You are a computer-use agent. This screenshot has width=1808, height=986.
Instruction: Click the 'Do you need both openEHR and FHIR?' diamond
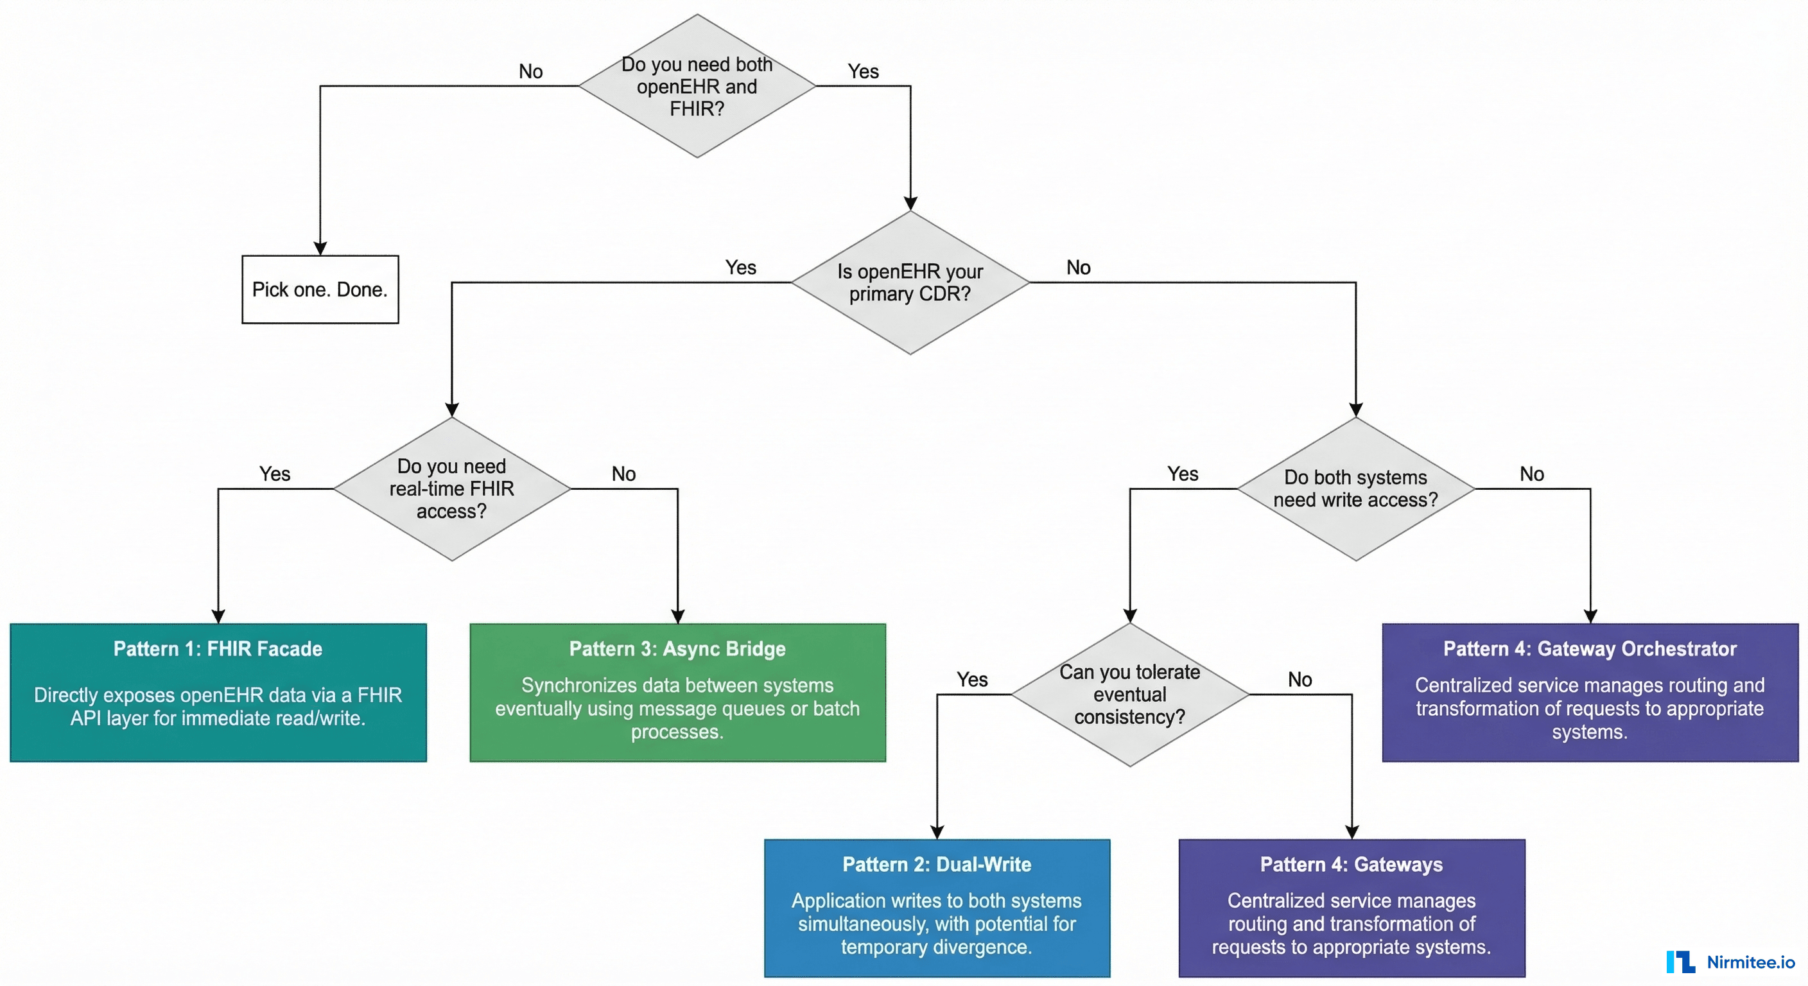pos(697,86)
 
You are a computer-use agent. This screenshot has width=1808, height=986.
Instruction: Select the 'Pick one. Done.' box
pos(320,289)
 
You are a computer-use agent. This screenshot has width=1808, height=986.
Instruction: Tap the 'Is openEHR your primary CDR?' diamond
pos(910,283)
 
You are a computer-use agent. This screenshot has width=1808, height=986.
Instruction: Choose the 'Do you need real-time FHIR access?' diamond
pos(452,489)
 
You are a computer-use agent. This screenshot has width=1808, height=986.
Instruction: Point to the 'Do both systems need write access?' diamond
pos(1355,489)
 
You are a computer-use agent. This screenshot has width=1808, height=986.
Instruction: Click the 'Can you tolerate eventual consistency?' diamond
pos(1129,695)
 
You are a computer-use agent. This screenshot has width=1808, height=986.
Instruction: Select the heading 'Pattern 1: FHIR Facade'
pos(218,648)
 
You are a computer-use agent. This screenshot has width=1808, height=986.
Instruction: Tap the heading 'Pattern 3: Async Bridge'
pos(677,648)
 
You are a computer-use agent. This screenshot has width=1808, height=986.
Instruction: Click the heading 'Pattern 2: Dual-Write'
pos(937,864)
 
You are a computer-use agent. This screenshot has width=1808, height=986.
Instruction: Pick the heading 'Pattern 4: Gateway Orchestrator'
pos(1590,648)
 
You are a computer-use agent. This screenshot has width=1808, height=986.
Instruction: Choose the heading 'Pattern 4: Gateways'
pos(1351,864)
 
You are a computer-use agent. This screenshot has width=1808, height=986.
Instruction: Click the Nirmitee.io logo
pos(1730,962)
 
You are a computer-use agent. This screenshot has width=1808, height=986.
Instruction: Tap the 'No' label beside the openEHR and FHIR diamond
pos(530,72)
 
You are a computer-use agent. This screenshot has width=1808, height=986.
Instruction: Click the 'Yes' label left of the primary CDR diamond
pos(740,268)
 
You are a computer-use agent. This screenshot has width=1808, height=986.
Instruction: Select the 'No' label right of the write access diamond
pos(1531,474)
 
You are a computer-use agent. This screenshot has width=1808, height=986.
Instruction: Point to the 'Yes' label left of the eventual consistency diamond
pos(972,679)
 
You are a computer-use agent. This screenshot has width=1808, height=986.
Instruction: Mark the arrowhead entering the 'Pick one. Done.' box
pos(320,249)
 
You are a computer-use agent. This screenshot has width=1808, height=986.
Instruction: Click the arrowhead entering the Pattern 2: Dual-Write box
pos(937,833)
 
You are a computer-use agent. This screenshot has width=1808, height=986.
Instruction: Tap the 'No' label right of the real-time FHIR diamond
pos(623,474)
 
